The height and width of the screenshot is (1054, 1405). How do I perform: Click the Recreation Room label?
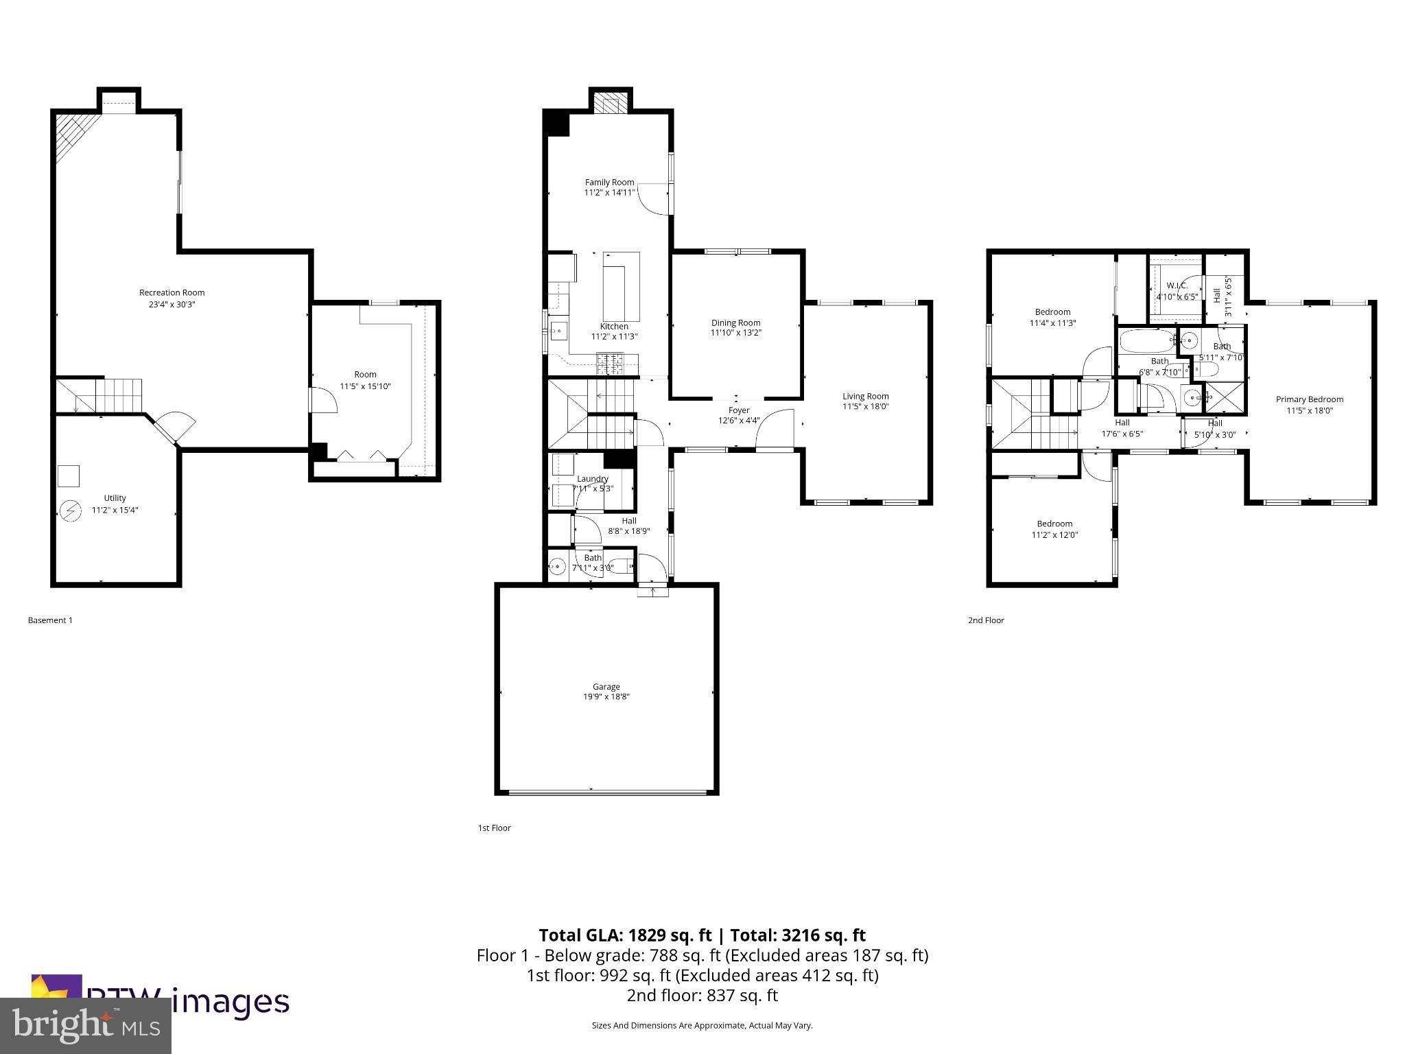coord(172,292)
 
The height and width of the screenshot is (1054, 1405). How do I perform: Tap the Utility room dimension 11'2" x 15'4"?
coord(115,510)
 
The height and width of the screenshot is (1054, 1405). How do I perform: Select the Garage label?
coord(606,686)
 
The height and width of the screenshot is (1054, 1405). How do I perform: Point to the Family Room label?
coord(609,182)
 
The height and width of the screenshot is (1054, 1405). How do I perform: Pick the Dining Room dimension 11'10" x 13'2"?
coord(735,333)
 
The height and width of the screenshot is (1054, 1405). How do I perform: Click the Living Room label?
coord(865,396)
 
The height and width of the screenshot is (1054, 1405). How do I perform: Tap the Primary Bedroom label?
coord(1309,399)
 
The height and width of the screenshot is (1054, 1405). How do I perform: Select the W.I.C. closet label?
coord(1177,285)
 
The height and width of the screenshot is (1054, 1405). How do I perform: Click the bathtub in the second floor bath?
coord(1147,341)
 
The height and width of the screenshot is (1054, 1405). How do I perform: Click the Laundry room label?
coord(592,479)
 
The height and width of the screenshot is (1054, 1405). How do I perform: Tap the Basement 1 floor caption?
coord(50,620)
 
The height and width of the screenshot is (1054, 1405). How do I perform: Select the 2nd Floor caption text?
coord(985,620)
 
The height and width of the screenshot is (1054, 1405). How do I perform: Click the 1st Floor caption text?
coord(494,828)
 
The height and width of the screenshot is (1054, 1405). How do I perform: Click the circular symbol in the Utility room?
coord(69,511)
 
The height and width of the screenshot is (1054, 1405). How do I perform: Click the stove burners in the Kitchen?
coord(610,363)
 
